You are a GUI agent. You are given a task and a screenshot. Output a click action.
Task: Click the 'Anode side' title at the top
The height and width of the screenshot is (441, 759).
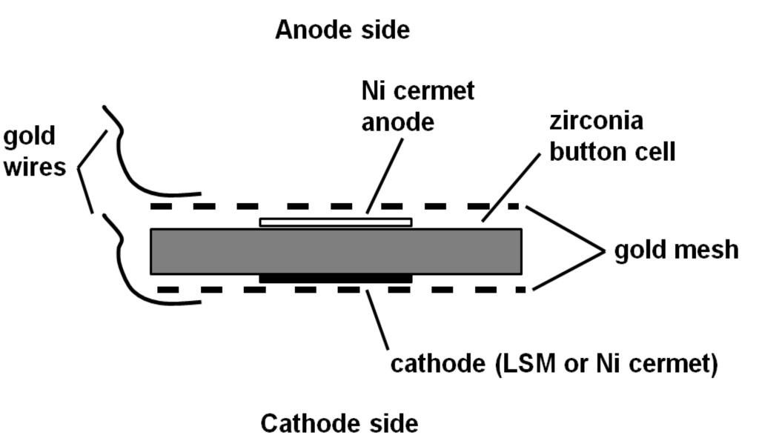342,30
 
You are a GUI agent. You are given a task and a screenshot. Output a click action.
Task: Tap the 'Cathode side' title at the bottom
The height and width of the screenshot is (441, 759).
339,423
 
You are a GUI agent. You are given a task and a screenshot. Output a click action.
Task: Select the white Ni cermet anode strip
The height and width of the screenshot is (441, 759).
335,222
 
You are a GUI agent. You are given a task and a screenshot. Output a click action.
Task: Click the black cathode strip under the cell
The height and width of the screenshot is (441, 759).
335,279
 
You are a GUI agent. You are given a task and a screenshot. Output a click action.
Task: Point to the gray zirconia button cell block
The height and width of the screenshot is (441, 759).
336,251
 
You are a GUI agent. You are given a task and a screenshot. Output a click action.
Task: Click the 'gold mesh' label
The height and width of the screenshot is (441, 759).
676,250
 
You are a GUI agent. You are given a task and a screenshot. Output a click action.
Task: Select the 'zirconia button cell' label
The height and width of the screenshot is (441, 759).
611,136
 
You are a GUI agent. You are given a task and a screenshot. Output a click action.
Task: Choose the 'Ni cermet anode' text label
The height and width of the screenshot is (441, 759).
418,106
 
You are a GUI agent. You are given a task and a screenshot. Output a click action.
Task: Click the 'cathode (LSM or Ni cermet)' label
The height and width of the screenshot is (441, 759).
554,365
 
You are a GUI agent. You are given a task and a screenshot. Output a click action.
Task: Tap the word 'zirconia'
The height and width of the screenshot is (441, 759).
597,122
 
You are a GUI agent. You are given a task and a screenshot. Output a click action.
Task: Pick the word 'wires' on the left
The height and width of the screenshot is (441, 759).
34,167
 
